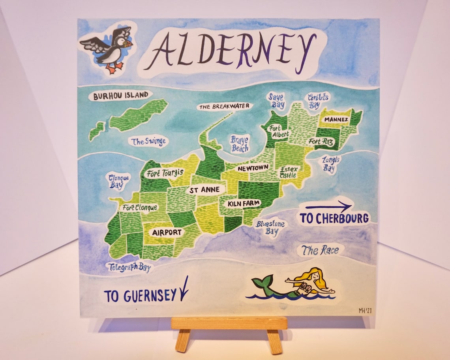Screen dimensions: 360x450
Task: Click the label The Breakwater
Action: [x=224, y=106]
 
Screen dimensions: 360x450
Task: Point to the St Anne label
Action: [x=204, y=190]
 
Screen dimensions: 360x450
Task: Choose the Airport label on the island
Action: [x=167, y=232]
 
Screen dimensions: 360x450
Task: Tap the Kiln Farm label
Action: [x=244, y=203]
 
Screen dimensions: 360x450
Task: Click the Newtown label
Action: [x=253, y=168]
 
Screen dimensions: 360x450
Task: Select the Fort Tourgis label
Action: [x=165, y=173]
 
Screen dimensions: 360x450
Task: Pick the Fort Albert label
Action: [x=279, y=131]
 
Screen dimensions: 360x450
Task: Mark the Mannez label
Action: [x=336, y=119]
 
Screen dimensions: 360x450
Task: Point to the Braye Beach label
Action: [x=240, y=144]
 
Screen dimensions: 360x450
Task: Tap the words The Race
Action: [x=320, y=250]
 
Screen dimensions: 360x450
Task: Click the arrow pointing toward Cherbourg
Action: [x=328, y=206]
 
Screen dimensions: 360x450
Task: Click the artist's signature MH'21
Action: [x=365, y=311]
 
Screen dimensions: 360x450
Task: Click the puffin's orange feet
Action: [x=113, y=69]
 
